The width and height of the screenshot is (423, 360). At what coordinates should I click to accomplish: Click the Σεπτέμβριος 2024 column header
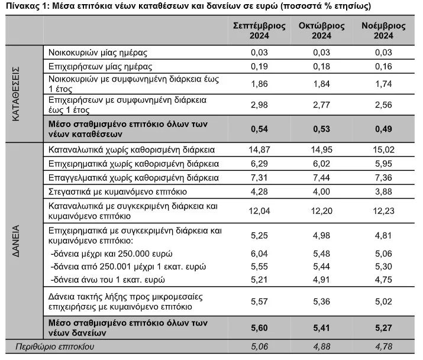[x=259, y=31]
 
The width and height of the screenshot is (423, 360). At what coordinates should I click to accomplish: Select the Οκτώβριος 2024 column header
[x=322, y=31]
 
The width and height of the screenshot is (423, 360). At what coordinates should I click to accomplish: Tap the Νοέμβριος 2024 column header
[x=383, y=31]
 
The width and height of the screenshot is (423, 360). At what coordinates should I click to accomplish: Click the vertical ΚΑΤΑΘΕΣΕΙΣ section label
[x=16, y=94]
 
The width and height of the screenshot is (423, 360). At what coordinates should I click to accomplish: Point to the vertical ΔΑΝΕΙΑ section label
[x=16, y=241]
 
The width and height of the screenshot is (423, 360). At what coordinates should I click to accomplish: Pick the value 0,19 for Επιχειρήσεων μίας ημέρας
[x=259, y=66]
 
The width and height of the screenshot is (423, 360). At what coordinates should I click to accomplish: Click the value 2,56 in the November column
[x=383, y=105]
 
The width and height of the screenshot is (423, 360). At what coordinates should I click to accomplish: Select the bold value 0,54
[x=259, y=129]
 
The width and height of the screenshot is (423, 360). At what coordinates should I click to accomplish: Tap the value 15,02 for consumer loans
[x=383, y=150]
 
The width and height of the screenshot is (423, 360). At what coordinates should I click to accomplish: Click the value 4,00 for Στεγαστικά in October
[x=322, y=192]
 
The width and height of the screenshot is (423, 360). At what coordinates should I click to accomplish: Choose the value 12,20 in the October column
[x=322, y=210]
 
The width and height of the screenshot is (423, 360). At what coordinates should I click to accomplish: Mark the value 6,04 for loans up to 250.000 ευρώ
[x=259, y=254]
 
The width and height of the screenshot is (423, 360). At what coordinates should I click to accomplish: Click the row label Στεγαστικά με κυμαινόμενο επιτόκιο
[x=118, y=192]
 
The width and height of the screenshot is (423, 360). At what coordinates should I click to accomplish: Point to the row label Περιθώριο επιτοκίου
[x=55, y=346]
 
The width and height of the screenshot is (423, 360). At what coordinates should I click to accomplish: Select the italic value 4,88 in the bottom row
[x=322, y=346]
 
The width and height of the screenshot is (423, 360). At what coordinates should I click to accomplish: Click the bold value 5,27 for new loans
[x=383, y=327]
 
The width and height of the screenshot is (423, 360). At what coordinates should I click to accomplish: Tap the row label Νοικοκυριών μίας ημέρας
[x=98, y=53]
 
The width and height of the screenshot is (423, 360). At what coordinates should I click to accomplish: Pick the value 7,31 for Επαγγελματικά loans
[x=259, y=177]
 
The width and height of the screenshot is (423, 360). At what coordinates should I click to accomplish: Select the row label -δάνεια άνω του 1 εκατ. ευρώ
[x=108, y=280]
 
